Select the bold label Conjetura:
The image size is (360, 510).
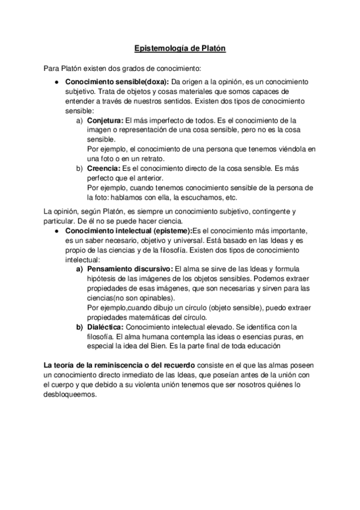pyautogui.click(x=105, y=120)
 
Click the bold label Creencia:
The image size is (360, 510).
pyautogui.click(x=103, y=168)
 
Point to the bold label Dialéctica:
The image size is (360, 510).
pyautogui.click(x=106, y=327)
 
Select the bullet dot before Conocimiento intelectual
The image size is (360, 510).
pyautogui.click(x=56, y=231)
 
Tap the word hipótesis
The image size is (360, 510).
pyautogui.click(x=104, y=278)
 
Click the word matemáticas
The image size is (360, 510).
pyautogui.click(x=155, y=317)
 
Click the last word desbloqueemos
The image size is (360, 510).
pyautogui.click(x=70, y=395)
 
